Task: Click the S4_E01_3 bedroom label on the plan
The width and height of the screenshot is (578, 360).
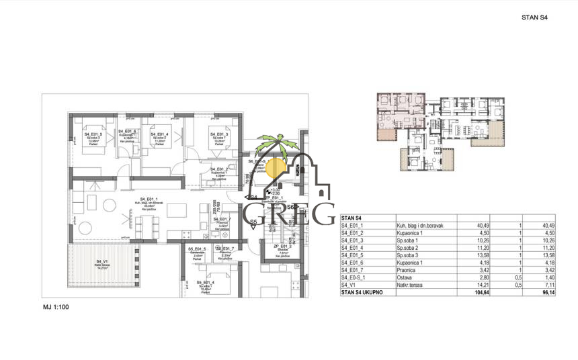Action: point(219,134)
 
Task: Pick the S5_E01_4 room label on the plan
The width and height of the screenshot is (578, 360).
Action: point(206,283)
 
